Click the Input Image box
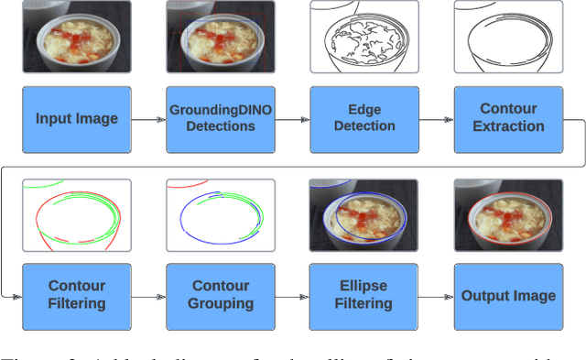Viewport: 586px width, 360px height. [x=77, y=119]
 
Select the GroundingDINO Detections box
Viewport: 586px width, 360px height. [x=221, y=119]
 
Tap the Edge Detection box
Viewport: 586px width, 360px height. [x=364, y=119]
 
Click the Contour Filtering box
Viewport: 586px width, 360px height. [x=77, y=296]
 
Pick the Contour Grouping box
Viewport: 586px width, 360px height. [x=221, y=296]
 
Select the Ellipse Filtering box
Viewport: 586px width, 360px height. [x=364, y=296]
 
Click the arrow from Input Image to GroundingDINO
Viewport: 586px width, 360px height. [x=148, y=119]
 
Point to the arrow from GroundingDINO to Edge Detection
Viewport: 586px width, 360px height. [x=292, y=119]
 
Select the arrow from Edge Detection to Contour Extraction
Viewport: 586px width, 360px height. [x=436, y=119]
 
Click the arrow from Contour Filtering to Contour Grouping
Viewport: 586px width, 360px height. [x=148, y=296]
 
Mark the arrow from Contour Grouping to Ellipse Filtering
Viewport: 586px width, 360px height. [x=292, y=296]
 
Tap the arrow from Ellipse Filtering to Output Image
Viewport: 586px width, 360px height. [x=436, y=296]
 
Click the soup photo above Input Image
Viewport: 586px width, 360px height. [x=77, y=37]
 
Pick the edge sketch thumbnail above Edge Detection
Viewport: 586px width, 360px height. [x=364, y=37]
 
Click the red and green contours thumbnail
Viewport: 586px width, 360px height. [x=77, y=214]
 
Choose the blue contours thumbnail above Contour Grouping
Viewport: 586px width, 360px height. [x=221, y=214]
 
